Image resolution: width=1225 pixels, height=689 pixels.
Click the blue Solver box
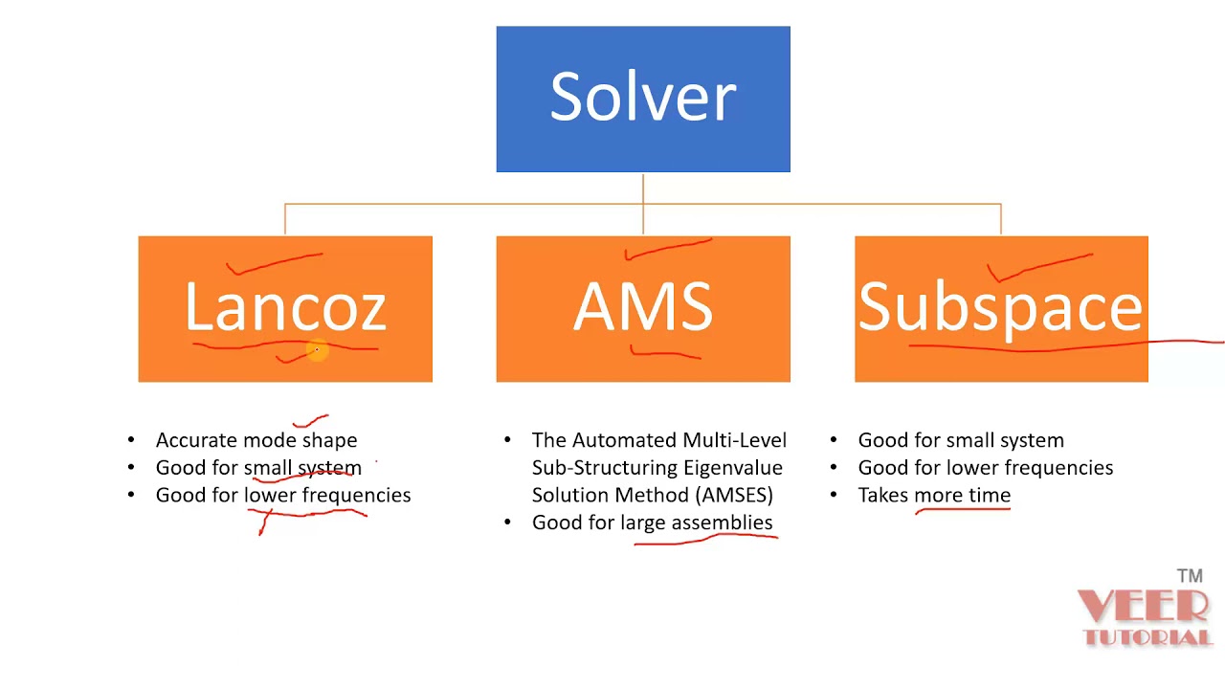[x=643, y=100]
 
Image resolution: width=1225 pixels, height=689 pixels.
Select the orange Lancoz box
[x=285, y=308]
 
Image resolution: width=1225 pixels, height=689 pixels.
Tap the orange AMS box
[x=643, y=308]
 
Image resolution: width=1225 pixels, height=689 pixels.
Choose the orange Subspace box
[x=1001, y=308]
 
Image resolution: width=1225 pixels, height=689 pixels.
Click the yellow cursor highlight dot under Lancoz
[x=317, y=352]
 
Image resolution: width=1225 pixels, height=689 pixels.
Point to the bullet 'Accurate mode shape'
[x=256, y=440]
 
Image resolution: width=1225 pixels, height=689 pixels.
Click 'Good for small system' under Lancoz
[x=258, y=468]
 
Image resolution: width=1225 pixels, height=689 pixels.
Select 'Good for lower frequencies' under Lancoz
[x=283, y=495]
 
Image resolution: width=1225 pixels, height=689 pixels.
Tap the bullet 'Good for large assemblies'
[x=652, y=522]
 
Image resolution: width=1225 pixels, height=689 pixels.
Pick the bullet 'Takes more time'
[x=934, y=495]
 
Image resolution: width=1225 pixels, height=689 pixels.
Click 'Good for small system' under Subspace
[x=961, y=440]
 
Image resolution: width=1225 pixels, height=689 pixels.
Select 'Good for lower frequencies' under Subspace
[x=986, y=468]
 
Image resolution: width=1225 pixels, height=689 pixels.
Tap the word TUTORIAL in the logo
[x=1147, y=636]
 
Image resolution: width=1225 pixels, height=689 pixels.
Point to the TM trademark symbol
[x=1190, y=576]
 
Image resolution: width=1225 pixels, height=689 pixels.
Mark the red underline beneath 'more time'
[x=963, y=510]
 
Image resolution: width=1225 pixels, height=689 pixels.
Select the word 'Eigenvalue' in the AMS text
[x=737, y=468]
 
